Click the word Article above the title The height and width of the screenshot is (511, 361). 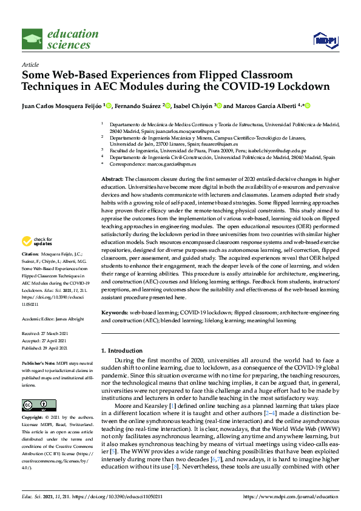(29, 64)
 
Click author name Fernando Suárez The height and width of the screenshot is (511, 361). (138, 106)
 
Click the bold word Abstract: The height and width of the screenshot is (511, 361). (112, 180)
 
